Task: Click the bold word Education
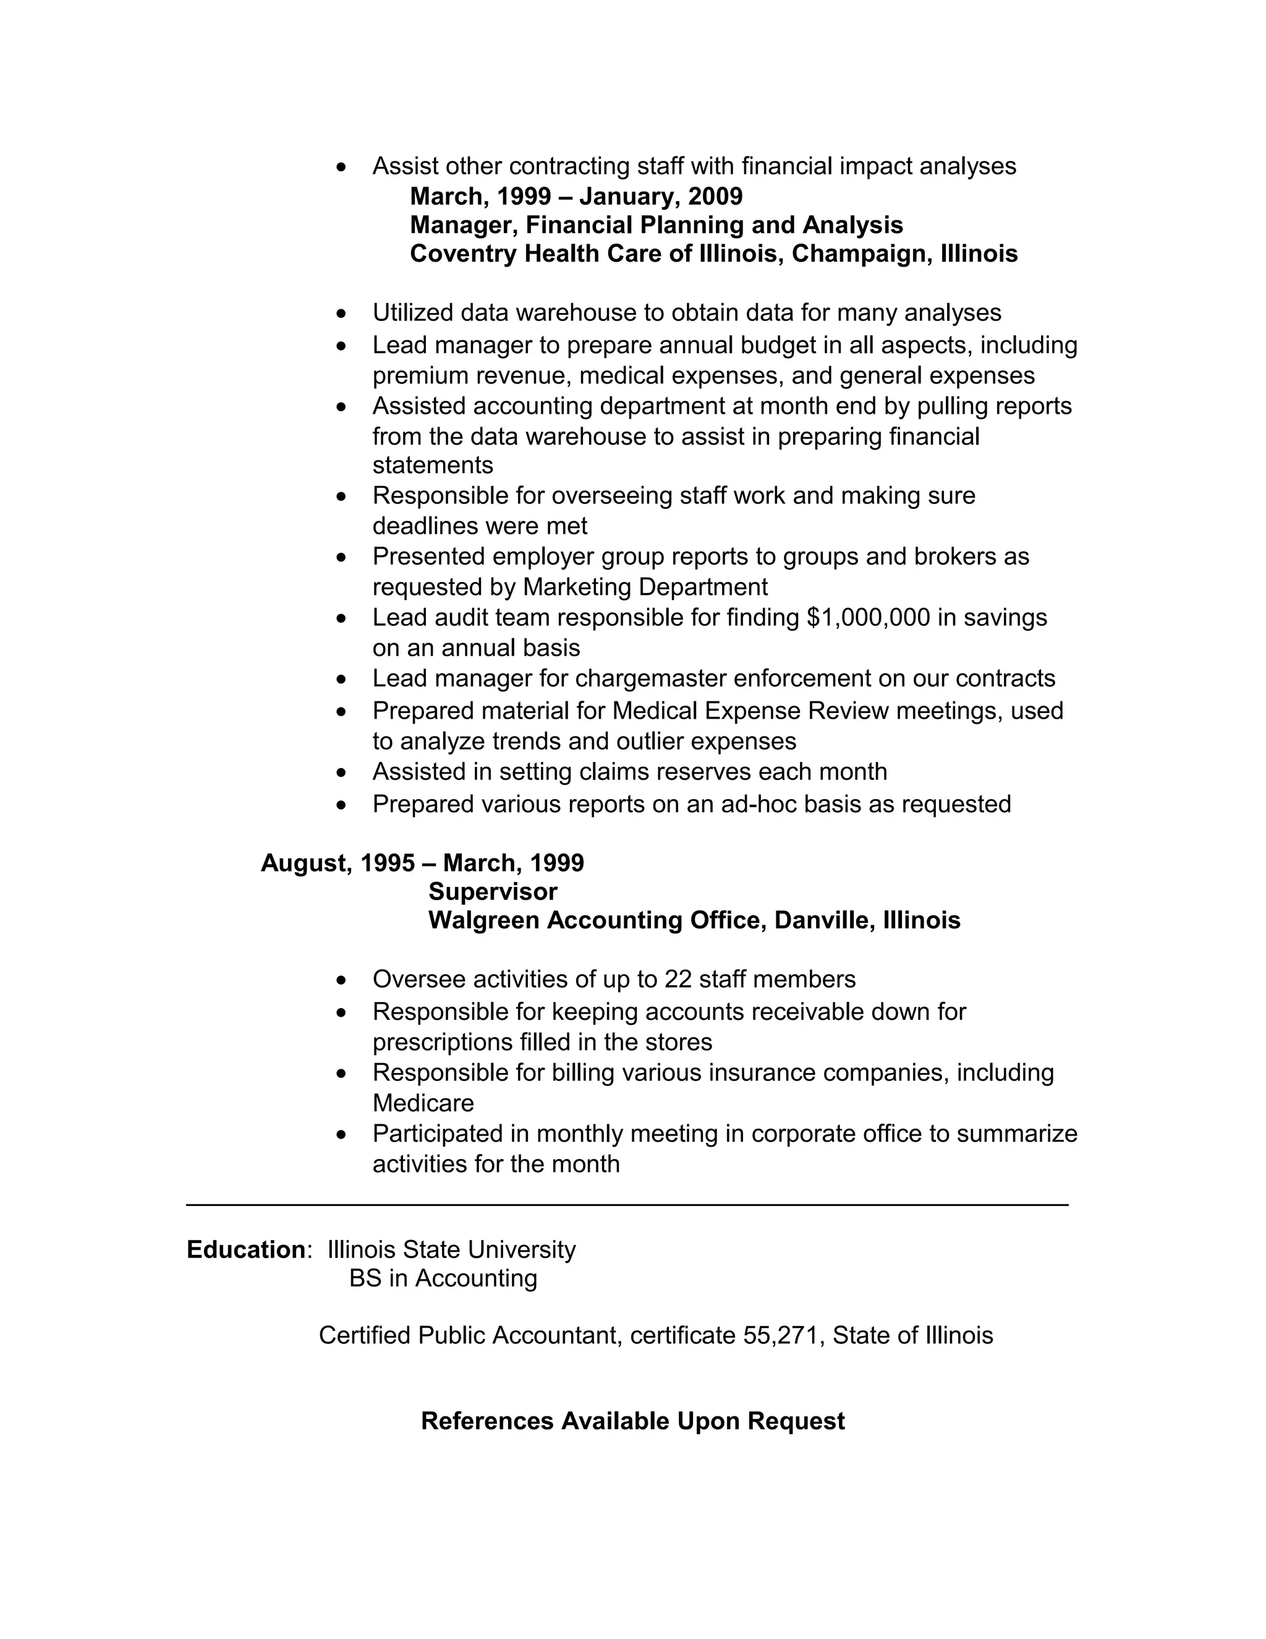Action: click(x=246, y=1249)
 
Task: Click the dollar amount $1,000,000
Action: click(x=868, y=618)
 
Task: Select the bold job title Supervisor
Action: click(x=493, y=891)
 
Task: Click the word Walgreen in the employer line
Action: click(x=484, y=920)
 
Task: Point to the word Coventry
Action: click(x=464, y=254)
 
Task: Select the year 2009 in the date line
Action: click(x=715, y=197)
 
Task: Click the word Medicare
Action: click(x=423, y=1103)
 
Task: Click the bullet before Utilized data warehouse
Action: click(x=342, y=313)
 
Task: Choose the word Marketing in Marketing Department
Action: click(x=577, y=587)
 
